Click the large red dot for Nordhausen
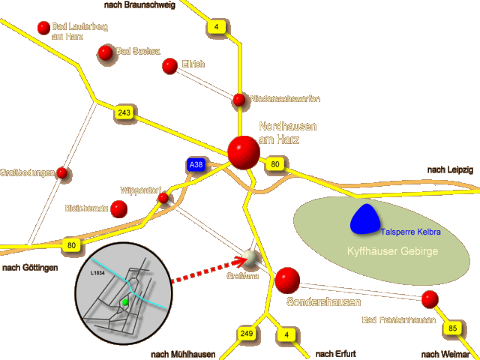click(x=244, y=152)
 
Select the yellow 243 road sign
click(x=124, y=112)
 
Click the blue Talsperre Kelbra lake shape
click(x=365, y=218)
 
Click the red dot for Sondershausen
click(x=286, y=280)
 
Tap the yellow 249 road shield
click(x=247, y=332)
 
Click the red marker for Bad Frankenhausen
click(x=429, y=300)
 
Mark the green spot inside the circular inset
click(x=125, y=301)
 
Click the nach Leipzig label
click(x=450, y=170)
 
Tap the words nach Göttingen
click(x=30, y=268)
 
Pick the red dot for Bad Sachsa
click(x=105, y=52)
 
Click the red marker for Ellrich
click(x=169, y=66)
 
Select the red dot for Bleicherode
click(x=118, y=208)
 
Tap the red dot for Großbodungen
click(x=62, y=174)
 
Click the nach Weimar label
click(x=446, y=354)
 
